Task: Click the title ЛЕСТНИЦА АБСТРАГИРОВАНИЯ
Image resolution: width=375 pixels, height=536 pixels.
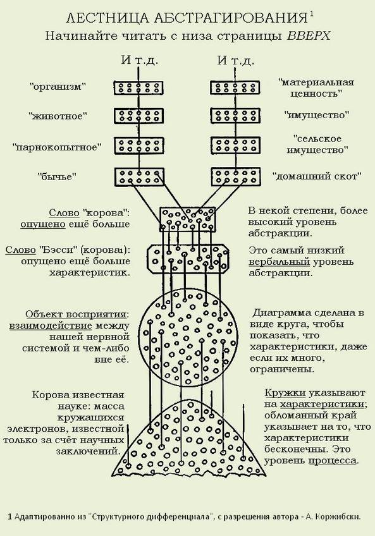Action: coord(187,18)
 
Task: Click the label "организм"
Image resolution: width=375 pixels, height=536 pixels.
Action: coord(57,87)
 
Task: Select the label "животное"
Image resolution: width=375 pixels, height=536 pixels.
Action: coord(58,116)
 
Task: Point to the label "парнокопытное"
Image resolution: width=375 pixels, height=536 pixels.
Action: coord(57,147)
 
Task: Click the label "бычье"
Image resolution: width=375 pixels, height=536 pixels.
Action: coord(57,177)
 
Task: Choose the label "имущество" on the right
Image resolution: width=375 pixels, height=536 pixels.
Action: coord(316,115)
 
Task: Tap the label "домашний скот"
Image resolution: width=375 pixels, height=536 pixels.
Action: coord(317,176)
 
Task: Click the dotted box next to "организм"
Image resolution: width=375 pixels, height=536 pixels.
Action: coord(138,88)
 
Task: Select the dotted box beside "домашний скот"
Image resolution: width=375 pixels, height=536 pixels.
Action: coord(235,177)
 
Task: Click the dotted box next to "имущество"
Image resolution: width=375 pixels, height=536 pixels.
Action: coord(235,116)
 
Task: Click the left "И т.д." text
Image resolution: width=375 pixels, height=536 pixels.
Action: coord(139,61)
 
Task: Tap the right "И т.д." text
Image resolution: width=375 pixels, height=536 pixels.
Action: coord(235,61)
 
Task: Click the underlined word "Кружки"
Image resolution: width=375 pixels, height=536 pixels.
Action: coord(285,393)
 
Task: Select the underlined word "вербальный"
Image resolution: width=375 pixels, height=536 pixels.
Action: coord(280,262)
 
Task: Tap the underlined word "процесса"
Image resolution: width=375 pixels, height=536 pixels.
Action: coord(333,460)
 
